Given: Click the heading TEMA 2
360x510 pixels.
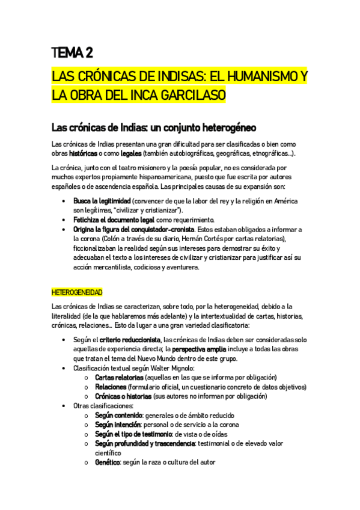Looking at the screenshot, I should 72,54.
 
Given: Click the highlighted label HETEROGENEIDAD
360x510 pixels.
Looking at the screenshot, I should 78,293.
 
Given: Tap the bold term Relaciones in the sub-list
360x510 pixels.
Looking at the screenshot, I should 109,387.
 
